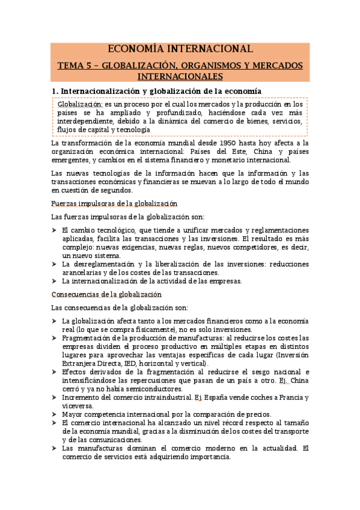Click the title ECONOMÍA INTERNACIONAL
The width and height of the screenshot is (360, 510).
[x=179, y=49]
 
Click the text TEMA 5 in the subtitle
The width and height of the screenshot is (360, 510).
[x=75, y=65]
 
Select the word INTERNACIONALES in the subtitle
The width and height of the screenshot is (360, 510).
[x=180, y=76]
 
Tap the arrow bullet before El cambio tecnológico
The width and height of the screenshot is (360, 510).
[x=55, y=230]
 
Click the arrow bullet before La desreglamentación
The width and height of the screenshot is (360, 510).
[x=55, y=264]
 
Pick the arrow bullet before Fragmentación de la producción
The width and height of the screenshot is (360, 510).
[x=55, y=338]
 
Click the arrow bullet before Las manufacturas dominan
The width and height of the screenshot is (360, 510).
[x=55, y=448]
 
